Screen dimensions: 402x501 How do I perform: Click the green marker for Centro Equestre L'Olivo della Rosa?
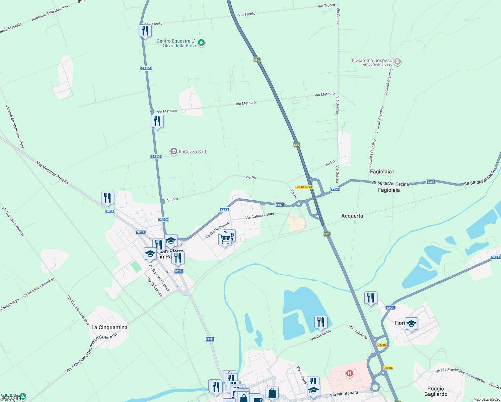coord(201,43)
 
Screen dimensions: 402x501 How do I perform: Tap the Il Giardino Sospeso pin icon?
coord(398,61)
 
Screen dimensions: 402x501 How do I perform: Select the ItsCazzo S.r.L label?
coord(193,152)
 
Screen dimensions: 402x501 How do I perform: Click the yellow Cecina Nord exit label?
coord(303,187)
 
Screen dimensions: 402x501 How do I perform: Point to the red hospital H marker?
coord(350,373)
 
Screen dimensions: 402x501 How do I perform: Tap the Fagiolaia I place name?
coord(382,172)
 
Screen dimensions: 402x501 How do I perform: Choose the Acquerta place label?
coord(352,216)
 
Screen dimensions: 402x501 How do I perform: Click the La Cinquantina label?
coord(109,327)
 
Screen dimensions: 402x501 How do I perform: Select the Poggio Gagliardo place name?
coord(436,391)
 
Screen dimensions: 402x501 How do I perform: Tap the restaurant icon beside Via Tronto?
coord(145,31)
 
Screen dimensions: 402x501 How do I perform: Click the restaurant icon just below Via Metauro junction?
coord(157,121)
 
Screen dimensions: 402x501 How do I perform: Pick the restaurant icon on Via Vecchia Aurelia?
coord(108,198)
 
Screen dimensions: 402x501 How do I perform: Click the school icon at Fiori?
coord(411,324)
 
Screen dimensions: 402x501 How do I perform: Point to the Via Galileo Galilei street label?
coord(260,216)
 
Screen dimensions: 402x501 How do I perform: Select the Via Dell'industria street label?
coord(217,230)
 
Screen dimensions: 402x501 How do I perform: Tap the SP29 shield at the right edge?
coord(495,257)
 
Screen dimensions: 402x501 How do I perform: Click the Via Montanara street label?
coord(344,394)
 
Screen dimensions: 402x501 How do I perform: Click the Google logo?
coord(11,398)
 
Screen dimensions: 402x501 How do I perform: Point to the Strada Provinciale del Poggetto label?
coord(460,375)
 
